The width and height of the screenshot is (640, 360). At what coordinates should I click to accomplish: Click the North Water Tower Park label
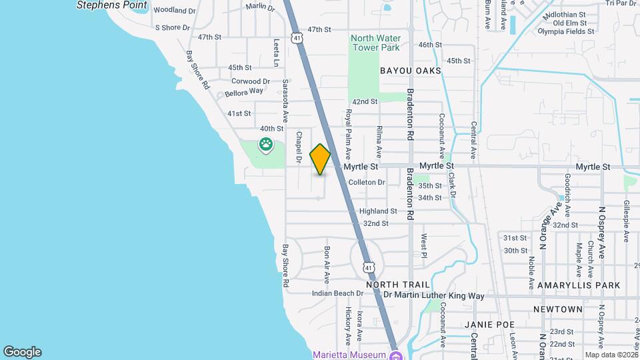coord(375,43)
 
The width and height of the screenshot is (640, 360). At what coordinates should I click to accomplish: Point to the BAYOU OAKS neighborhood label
coord(411,71)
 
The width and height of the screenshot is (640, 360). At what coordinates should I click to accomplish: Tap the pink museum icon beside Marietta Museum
coord(395,354)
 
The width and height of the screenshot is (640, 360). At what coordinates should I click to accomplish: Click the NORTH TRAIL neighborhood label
coord(391,285)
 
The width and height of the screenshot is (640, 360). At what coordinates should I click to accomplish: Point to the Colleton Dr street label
coord(367,182)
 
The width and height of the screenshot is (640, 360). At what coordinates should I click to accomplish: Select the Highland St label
coord(378,211)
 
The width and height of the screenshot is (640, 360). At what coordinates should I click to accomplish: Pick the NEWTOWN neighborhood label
coord(558,309)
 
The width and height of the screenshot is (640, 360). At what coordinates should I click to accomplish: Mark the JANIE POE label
coord(490,325)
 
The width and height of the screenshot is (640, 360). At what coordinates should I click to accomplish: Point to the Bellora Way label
coord(244,93)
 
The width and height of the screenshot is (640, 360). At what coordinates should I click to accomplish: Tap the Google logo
coord(22,352)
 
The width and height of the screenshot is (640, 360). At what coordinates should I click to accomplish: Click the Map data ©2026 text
coord(611,355)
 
